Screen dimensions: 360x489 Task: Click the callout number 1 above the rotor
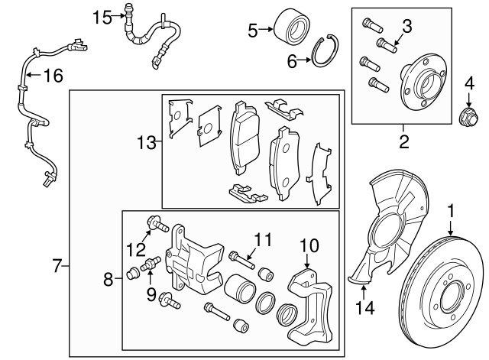[x=451, y=209]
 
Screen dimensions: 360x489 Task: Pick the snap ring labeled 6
[x=326, y=51]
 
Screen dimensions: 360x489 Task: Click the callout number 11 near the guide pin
[x=264, y=240]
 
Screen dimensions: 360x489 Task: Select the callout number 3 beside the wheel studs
[x=407, y=27]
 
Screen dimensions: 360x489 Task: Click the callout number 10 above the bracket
[x=308, y=245]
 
